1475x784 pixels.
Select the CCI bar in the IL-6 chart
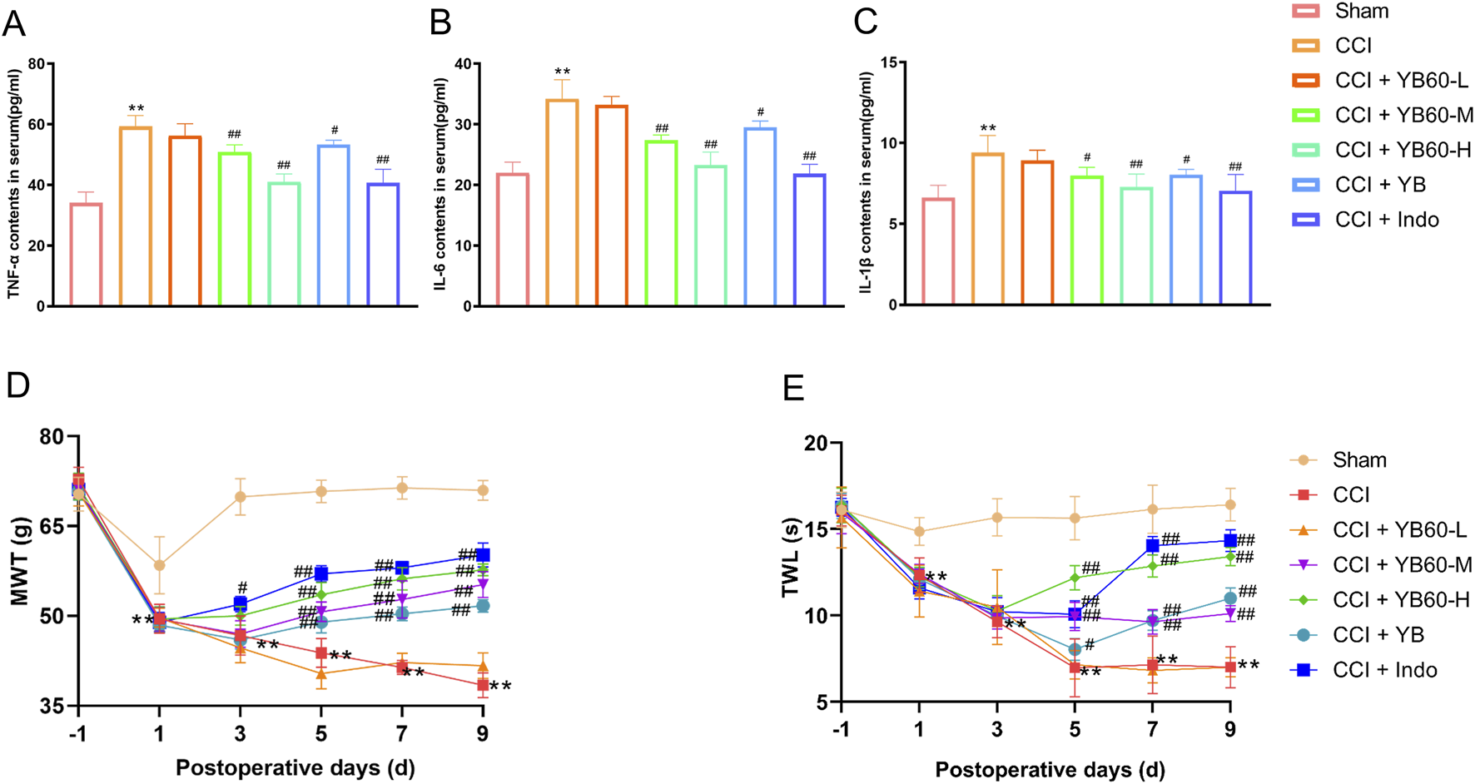pos(562,203)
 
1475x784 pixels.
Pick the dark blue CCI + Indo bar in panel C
pos(1235,248)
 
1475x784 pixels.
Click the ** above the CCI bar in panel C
pos(987,129)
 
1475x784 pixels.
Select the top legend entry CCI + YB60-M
pos(1403,115)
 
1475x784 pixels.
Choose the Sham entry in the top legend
pos(1362,11)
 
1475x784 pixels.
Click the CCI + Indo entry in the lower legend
pos(1384,670)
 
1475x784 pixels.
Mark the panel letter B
pos(440,22)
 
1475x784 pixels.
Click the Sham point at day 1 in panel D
pos(159,565)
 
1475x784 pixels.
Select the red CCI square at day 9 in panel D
pos(482,686)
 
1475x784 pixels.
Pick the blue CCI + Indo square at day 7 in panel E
pos(1153,545)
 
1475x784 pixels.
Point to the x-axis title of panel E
pos(1050,769)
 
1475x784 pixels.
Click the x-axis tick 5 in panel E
pos(1075,730)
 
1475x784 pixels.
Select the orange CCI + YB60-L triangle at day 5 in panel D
pos(320,673)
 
